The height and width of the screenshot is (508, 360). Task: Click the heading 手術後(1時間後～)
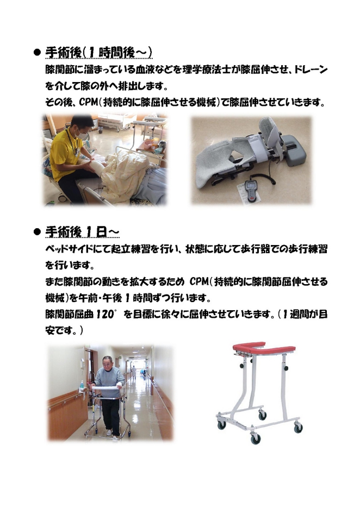pos(98,53)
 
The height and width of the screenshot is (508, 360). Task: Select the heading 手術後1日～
pos(82,232)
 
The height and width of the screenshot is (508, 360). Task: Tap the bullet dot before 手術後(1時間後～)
pos(37,53)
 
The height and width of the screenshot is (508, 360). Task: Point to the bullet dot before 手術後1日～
pos(37,232)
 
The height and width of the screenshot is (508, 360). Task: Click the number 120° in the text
pos(106,314)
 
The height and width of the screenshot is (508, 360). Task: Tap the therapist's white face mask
pos(82,132)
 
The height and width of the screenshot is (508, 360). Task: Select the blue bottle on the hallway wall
pos(82,385)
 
